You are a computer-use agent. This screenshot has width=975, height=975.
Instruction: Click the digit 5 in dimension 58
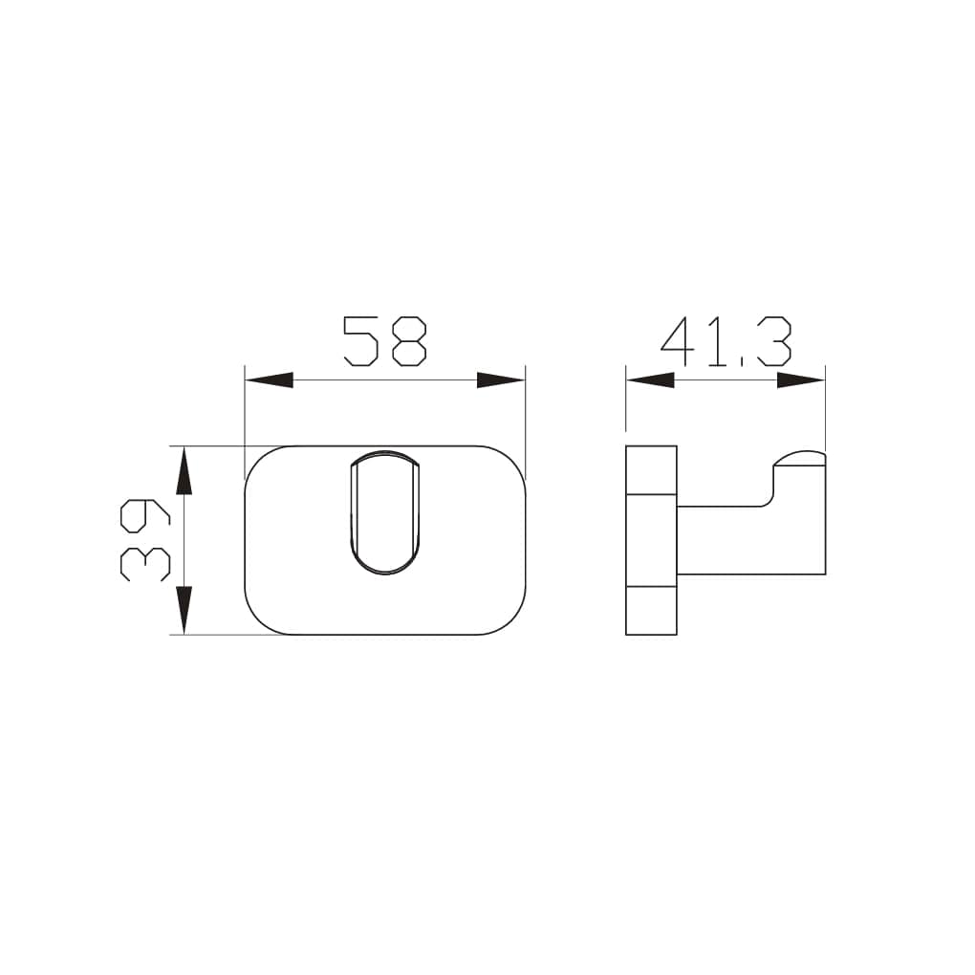[360, 341]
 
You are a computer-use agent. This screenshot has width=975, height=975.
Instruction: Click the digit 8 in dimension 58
[408, 341]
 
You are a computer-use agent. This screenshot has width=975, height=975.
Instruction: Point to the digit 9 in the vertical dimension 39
[144, 517]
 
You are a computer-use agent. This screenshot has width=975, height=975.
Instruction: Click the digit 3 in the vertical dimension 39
[144, 564]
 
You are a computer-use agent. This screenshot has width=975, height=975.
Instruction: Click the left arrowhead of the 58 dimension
[269, 380]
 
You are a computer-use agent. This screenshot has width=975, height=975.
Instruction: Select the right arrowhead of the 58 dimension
[501, 380]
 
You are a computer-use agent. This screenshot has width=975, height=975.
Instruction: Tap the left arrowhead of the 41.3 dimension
[650, 380]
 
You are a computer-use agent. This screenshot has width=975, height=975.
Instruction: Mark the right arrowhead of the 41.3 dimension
[801, 380]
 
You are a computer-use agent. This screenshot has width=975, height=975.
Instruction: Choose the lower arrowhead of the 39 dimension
[184, 611]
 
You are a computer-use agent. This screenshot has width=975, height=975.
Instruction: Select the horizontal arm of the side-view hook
[726, 540]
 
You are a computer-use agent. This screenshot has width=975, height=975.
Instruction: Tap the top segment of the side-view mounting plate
[651, 469]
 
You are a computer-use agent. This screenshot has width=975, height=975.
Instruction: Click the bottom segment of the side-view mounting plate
[651, 610]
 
